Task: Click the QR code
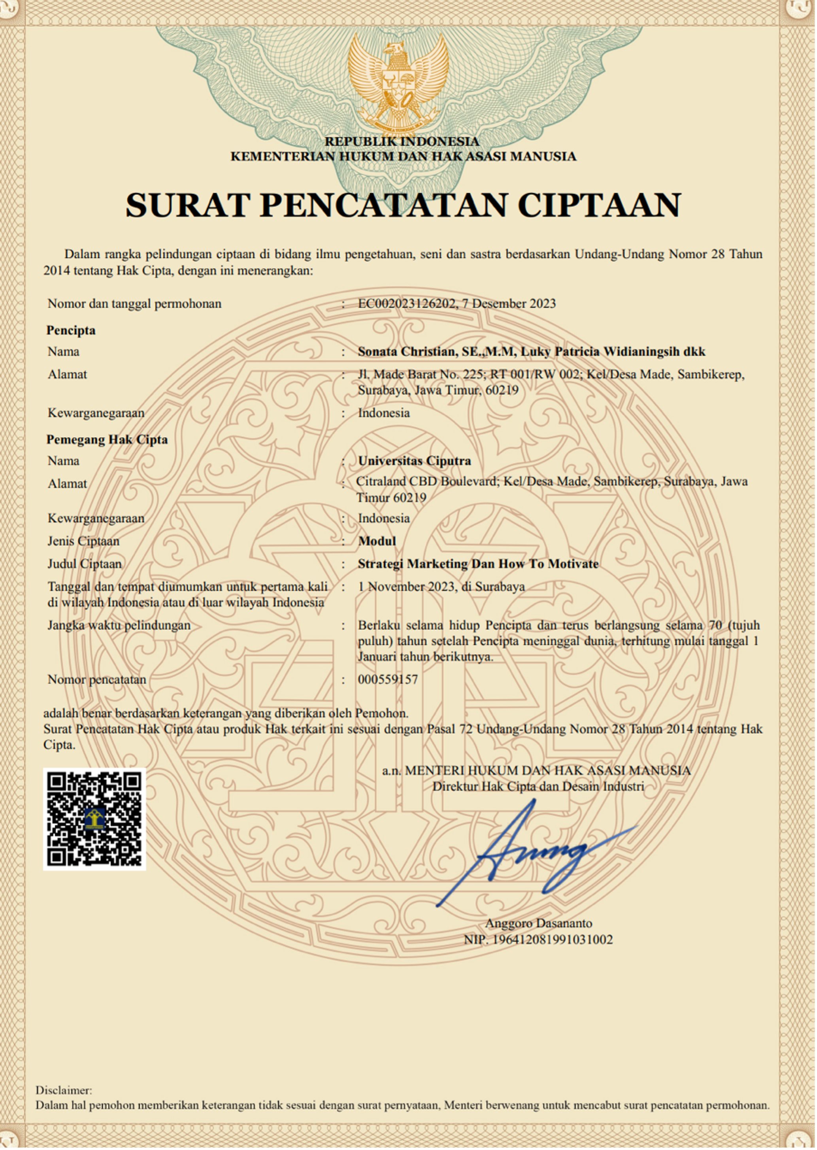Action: click(94, 819)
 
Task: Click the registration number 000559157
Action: click(387, 680)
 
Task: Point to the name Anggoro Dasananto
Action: click(538, 923)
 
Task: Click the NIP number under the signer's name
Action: click(538, 940)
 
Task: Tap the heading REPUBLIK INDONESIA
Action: click(402, 142)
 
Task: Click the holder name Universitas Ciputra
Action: click(414, 461)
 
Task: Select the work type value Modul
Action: click(377, 541)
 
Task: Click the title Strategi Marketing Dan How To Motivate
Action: click(478, 564)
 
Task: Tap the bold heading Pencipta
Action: click(71, 330)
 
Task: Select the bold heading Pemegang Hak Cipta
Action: click(107, 440)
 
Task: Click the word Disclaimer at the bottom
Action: click(63, 1090)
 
